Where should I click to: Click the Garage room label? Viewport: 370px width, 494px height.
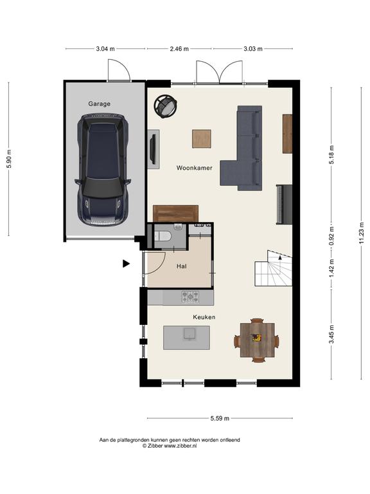[99, 104]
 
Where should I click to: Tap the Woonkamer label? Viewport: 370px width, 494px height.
[194, 168]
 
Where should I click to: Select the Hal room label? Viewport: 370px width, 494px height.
[182, 266]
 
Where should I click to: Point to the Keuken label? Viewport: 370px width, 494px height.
[204, 317]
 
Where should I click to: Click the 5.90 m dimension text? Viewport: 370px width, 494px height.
[10, 158]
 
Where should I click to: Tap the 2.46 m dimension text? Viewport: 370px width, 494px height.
[179, 49]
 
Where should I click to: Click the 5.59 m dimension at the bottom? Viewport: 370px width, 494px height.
[220, 418]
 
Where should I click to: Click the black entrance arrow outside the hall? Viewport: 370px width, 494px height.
[126, 264]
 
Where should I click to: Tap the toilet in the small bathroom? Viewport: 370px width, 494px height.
[163, 235]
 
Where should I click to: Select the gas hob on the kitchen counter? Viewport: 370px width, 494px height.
[190, 297]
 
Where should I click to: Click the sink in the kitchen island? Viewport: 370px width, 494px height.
[189, 334]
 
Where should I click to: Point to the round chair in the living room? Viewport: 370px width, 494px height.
[166, 107]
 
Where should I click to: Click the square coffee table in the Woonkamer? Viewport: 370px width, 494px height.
[202, 139]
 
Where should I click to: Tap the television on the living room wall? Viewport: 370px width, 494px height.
[153, 149]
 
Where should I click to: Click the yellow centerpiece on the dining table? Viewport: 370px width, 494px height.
[257, 338]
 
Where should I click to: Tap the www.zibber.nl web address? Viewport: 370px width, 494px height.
[181, 446]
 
